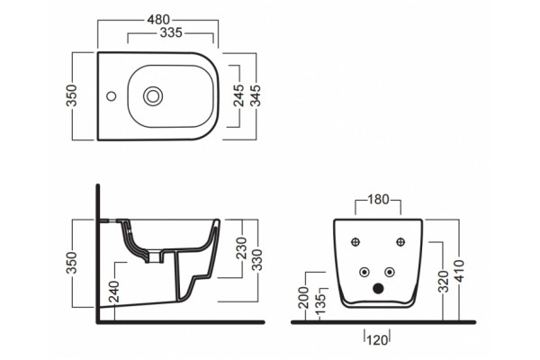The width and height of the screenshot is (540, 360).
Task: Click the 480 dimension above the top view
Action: coord(158,20)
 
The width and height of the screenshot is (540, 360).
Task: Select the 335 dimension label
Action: coord(171,32)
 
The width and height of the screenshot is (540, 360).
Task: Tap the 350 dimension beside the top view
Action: coord(72,95)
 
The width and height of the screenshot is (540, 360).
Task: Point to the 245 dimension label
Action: coord(238,95)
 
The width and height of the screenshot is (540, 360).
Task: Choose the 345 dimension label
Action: coord(256,95)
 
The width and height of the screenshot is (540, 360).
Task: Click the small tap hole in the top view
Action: coord(112,96)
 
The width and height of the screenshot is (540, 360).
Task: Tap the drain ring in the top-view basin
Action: coord(153,96)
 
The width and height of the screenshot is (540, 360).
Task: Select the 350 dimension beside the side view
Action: coord(72,263)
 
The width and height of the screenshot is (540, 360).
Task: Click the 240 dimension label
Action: coord(113,292)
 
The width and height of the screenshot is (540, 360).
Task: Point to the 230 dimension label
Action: coord(242,248)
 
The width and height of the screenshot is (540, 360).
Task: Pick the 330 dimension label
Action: coord(256,260)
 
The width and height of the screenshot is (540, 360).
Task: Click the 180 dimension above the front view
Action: coord(378,200)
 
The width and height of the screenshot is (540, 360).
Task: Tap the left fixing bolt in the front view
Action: coord(355,242)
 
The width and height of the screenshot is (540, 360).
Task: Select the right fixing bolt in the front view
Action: coord(400,242)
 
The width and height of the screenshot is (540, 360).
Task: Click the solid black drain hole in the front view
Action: coord(378,288)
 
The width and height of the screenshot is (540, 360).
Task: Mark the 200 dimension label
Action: coord(304,297)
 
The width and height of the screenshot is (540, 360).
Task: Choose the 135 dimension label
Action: coord(319,303)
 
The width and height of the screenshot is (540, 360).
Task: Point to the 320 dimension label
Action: coord(444,282)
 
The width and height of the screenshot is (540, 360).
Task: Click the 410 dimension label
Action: coord(460,271)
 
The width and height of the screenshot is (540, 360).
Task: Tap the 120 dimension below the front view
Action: coord(377,341)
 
